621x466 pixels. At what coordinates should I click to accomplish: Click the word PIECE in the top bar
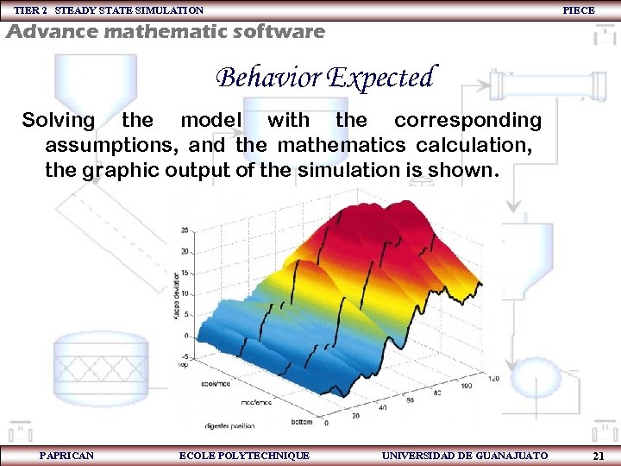(578, 10)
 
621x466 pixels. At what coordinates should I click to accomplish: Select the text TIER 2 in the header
(30, 10)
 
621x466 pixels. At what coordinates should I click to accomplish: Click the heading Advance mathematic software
(166, 33)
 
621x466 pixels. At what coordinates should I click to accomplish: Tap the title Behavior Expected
(326, 78)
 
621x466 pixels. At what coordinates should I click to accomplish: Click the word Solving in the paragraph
(58, 120)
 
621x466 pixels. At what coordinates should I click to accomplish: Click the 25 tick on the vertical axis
(185, 230)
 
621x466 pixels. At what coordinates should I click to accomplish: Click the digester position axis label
(229, 425)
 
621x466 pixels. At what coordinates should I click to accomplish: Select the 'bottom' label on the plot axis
(302, 422)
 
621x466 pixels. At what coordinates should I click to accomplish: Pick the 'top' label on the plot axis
(183, 366)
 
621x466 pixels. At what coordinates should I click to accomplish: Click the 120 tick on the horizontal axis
(493, 379)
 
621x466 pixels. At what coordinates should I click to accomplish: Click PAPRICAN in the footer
(66, 455)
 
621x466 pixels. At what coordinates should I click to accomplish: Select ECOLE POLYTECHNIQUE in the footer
(244, 455)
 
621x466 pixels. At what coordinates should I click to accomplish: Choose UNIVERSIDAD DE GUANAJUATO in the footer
(464, 455)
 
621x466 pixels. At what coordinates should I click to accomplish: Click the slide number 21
(598, 455)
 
